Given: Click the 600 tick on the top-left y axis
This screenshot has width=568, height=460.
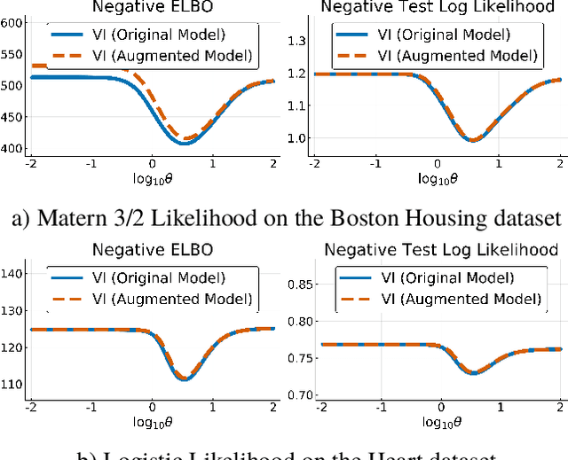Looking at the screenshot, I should [12, 22].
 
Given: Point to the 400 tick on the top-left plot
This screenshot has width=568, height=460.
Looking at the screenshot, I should [12, 148].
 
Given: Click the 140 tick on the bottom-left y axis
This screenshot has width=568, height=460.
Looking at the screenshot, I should [12, 274].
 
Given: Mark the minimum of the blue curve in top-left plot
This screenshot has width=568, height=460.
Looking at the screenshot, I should [184, 142].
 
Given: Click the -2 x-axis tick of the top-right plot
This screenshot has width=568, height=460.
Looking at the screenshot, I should [314, 166].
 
